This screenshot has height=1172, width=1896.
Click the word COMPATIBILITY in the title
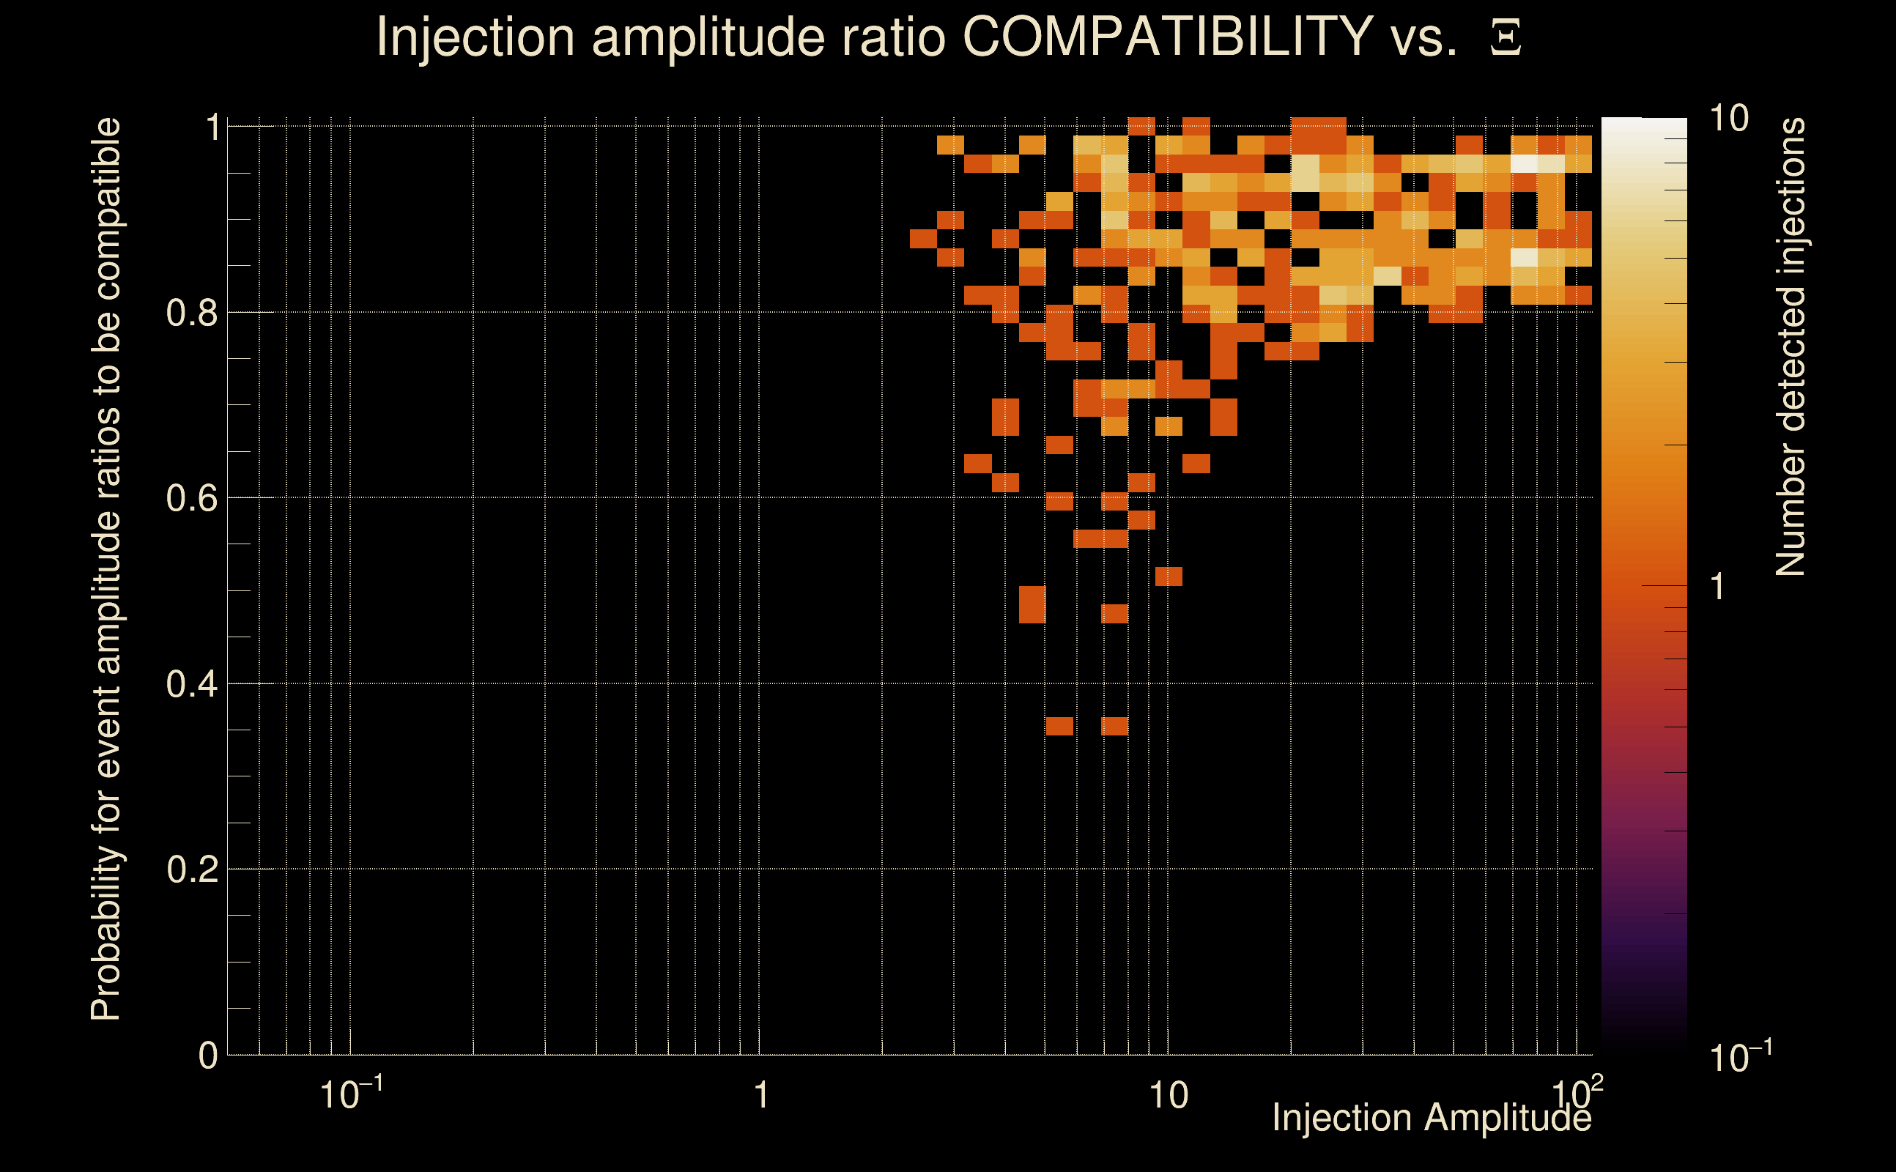1167,37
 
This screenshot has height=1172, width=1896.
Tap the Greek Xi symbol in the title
1506,38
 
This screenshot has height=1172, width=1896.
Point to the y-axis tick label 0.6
192,497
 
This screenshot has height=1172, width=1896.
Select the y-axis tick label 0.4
192,683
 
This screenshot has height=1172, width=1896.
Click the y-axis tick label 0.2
192,869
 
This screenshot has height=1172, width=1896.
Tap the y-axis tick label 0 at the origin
208,1055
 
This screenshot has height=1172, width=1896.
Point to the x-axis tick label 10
1167,1096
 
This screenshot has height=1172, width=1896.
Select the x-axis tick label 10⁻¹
350,1094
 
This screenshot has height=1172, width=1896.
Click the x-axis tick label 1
761,1096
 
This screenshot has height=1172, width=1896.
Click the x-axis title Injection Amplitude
1431,1118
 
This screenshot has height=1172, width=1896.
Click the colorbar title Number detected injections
1791,346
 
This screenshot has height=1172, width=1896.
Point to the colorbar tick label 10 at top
1727,119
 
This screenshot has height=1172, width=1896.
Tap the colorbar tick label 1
1718,587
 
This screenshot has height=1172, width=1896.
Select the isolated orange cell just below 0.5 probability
1114,614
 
